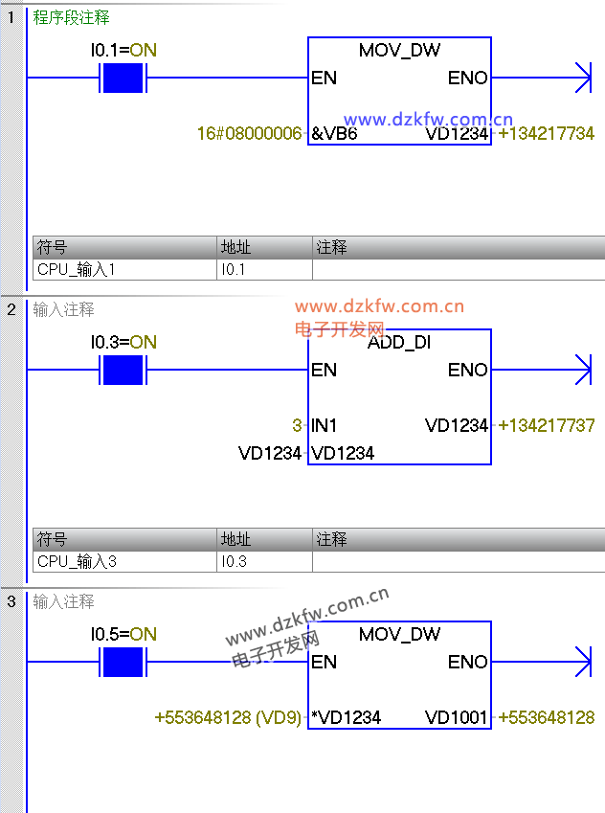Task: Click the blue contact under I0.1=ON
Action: click(123, 78)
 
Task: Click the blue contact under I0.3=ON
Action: click(123, 369)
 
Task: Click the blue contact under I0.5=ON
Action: click(123, 661)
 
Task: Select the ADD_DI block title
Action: click(399, 343)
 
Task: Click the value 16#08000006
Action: click(249, 134)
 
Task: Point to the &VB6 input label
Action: click(334, 134)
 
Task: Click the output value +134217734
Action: click(547, 134)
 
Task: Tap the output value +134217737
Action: click(547, 425)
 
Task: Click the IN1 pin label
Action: click(325, 425)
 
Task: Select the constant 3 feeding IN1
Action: click(297, 425)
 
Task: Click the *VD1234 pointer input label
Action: click(346, 717)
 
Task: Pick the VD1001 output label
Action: click(457, 717)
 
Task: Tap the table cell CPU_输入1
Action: click(77, 270)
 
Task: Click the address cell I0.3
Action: click(235, 561)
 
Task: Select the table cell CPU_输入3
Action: click(77, 561)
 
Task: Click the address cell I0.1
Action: click(235, 270)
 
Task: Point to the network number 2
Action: click(11, 309)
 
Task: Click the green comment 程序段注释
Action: click(71, 18)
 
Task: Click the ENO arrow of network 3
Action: click(583, 661)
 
